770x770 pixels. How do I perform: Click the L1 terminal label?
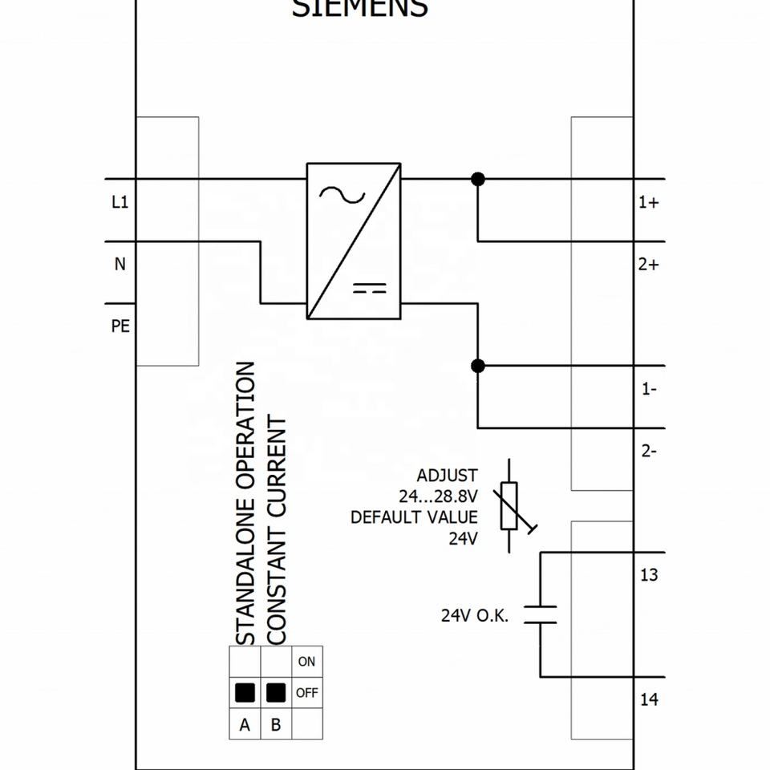pyautogui.click(x=120, y=203)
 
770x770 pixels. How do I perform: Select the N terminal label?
pyautogui.click(x=120, y=264)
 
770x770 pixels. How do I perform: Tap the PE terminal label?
pyautogui.click(x=120, y=326)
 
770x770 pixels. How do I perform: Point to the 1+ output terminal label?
pyautogui.click(x=648, y=203)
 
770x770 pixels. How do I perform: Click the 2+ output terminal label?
pyautogui.click(x=648, y=264)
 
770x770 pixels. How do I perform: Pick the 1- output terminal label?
pyautogui.click(x=649, y=389)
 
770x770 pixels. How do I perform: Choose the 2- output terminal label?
pyautogui.click(x=649, y=451)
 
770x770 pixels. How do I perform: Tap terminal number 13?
pyautogui.click(x=649, y=575)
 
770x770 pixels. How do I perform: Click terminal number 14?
pyautogui.click(x=649, y=700)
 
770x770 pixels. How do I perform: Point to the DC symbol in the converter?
pyautogui.click(x=369, y=289)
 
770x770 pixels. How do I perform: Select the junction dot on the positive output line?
pyautogui.click(x=478, y=179)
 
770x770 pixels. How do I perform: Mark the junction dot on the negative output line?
pyautogui.click(x=478, y=367)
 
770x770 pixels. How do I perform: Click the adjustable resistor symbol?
pyautogui.click(x=510, y=506)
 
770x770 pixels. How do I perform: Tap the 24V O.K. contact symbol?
pyautogui.click(x=541, y=615)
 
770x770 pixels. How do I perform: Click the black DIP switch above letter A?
pyautogui.click(x=245, y=692)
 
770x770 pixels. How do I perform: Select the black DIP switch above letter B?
pyautogui.click(x=276, y=692)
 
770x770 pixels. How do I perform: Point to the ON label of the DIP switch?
pyautogui.click(x=306, y=662)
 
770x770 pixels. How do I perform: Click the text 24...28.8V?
pyautogui.click(x=438, y=496)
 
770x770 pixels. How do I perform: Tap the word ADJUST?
pyautogui.click(x=447, y=476)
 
